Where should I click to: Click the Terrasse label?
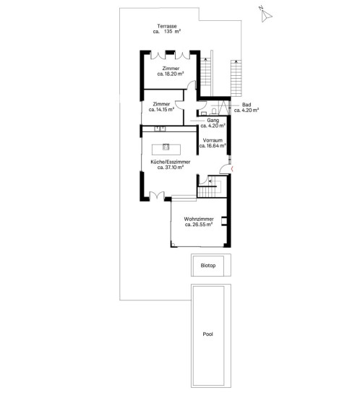pyautogui.click(x=167, y=26)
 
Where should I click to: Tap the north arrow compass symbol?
pyautogui.click(x=266, y=15)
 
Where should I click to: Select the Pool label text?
pyautogui.click(x=208, y=334)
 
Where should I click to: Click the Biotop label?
pyautogui.click(x=208, y=265)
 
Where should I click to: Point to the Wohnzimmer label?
pyautogui.click(x=199, y=219)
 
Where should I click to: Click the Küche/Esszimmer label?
pyautogui.click(x=171, y=162)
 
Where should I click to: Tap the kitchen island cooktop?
pyautogui.click(x=166, y=147)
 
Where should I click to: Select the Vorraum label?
pyautogui.click(x=213, y=140)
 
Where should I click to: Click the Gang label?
pyautogui.click(x=213, y=121)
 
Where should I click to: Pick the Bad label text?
pyautogui.click(x=247, y=105)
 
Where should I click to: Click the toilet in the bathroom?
pyautogui.click(x=214, y=110)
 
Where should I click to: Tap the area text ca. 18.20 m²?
pyautogui.click(x=171, y=74)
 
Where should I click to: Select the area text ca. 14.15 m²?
pyautogui.click(x=161, y=109)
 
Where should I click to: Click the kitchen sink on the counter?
pyautogui.click(x=160, y=129)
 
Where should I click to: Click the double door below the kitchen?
pyautogui.click(x=157, y=196)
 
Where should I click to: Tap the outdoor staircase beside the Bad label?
pyautogui.click(x=236, y=78)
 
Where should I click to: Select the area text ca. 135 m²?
pyautogui.click(x=167, y=31)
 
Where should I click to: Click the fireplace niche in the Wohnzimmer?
pyautogui.click(x=224, y=221)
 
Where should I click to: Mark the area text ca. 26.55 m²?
pyautogui.click(x=199, y=225)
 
